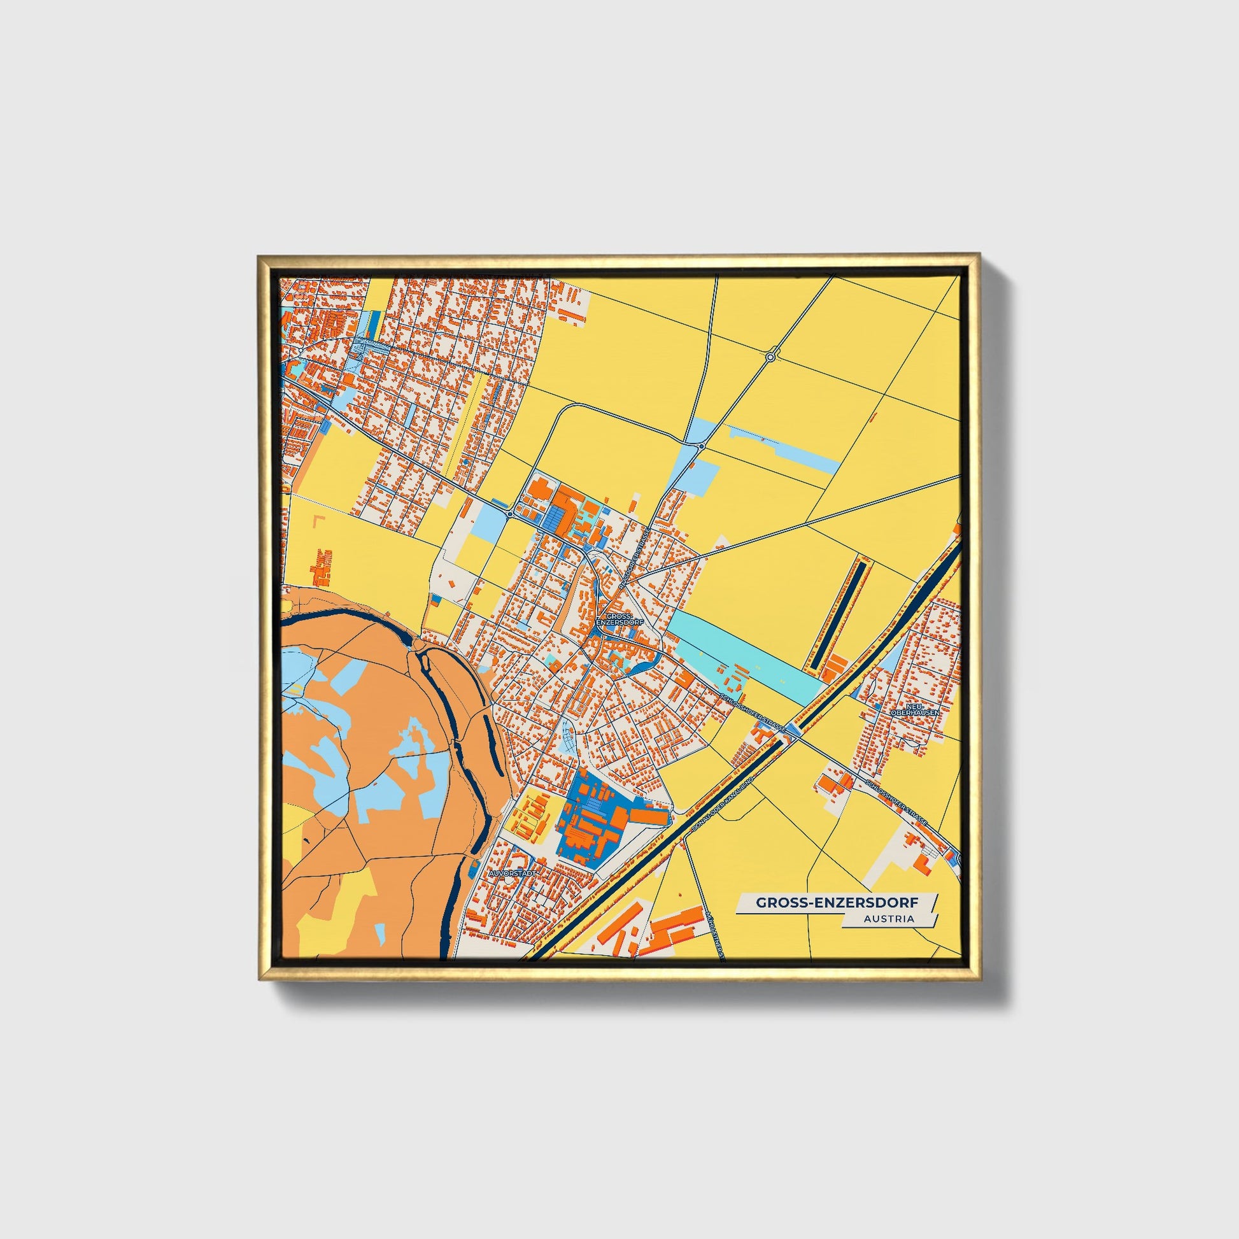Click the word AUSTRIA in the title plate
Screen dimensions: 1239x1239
(x=889, y=918)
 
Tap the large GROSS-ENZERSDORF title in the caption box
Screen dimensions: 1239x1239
(x=836, y=902)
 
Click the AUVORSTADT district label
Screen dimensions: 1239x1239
(x=511, y=874)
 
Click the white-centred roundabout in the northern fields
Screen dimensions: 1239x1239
(x=770, y=356)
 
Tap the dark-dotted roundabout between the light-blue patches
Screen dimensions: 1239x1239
(x=702, y=446)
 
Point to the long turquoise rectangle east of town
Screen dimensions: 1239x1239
(x=744, y=655)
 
